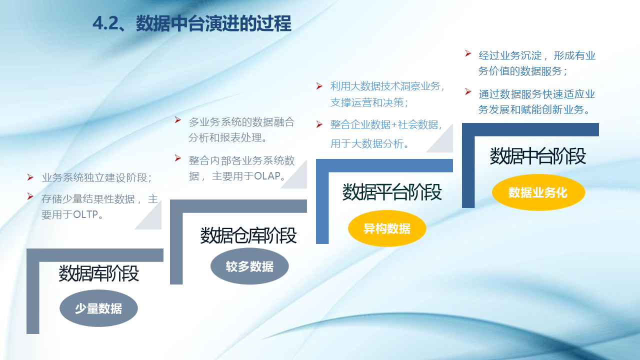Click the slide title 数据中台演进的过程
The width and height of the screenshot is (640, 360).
click(213, 23)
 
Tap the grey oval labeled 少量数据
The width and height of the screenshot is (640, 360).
click(98, 308)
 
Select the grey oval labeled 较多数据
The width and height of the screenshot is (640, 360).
click(249, 266)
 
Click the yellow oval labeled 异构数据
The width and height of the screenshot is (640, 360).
click(387, 228)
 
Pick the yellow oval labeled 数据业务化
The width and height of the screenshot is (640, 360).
click(538, 192)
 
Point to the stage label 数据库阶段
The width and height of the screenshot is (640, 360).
click(99, 273)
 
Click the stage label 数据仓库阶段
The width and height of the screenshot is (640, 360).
click(248, 235)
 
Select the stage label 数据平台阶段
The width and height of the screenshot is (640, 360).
click(391, 191)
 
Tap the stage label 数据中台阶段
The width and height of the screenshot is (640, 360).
click(537, 155)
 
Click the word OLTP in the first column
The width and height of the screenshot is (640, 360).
click(85, 214)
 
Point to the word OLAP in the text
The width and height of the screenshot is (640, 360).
click(267, 176)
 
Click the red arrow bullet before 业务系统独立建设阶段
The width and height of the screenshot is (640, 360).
click(30, 177)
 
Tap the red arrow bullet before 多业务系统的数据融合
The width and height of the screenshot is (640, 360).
click(177, 120)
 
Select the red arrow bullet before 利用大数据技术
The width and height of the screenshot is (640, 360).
click(319, 86)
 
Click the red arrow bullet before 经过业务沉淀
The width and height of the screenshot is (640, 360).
click(467, 53)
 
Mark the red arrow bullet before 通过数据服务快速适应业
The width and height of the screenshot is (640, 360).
click(467, 91)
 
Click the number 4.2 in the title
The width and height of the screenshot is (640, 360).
click(105, 23)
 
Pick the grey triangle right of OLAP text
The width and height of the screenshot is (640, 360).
click(298, 179)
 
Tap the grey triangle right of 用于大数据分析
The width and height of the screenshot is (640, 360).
click(444, 143)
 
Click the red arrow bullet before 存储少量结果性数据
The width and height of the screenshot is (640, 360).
click(30, 196)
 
